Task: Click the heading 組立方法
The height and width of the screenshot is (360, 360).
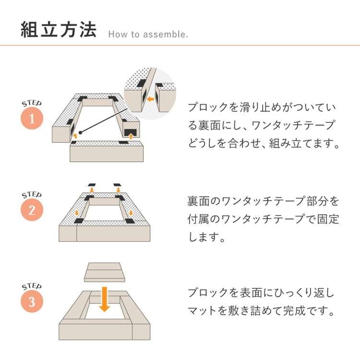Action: (59, 30)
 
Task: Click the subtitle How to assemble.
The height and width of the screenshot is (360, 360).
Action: (148, 35)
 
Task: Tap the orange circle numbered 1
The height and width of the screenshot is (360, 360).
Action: (32, 118)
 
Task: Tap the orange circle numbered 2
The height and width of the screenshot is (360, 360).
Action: (32, 210)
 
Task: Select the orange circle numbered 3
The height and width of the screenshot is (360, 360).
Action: (32, 301)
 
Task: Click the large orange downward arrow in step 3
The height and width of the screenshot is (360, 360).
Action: (105, 299)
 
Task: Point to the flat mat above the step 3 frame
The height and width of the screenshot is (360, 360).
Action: (105, 272)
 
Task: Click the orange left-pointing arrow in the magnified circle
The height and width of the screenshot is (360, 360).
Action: (150, 99)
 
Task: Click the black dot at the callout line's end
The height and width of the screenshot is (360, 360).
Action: (80, 132)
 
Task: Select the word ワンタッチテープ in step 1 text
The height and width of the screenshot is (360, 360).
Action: (293, 125)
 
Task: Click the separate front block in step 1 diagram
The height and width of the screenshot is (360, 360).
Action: (107, 152)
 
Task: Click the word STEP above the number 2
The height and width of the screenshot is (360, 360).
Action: (32, 195)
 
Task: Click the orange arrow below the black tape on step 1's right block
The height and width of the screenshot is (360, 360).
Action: (131, 137)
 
